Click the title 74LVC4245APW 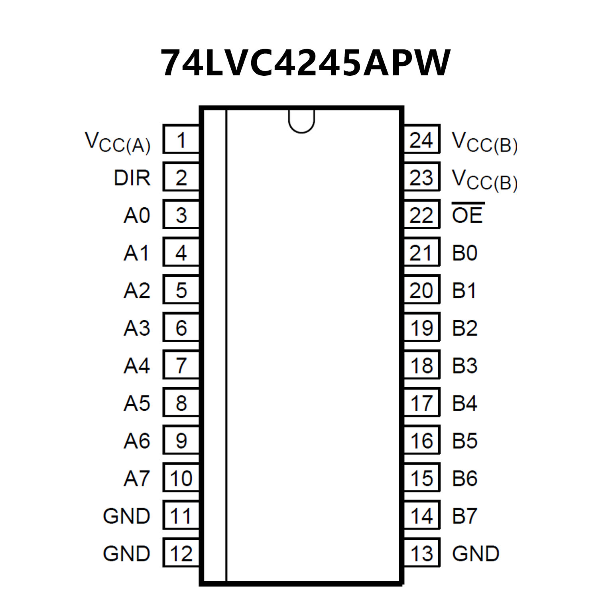305,63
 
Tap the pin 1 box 181,140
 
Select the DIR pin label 132,178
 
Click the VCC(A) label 118,142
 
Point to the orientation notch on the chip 301,121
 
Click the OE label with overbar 468,214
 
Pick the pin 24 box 421,140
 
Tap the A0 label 137,215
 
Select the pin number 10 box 181,478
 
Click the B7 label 464,516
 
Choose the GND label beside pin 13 475,553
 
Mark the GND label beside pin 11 126,516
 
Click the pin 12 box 181,553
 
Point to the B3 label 464,365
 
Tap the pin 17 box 421,403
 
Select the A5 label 137,403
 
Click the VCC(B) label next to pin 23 484,180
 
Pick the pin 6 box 181,328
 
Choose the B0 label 464,253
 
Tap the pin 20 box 421,290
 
